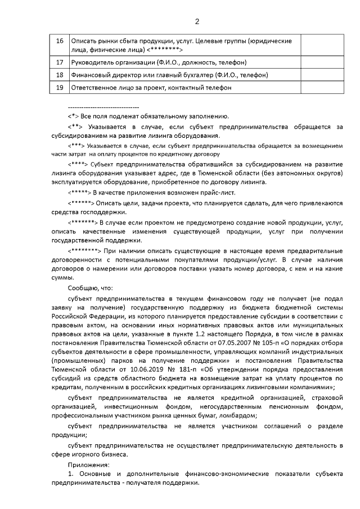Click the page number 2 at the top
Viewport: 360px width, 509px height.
[x=197, y=22]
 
